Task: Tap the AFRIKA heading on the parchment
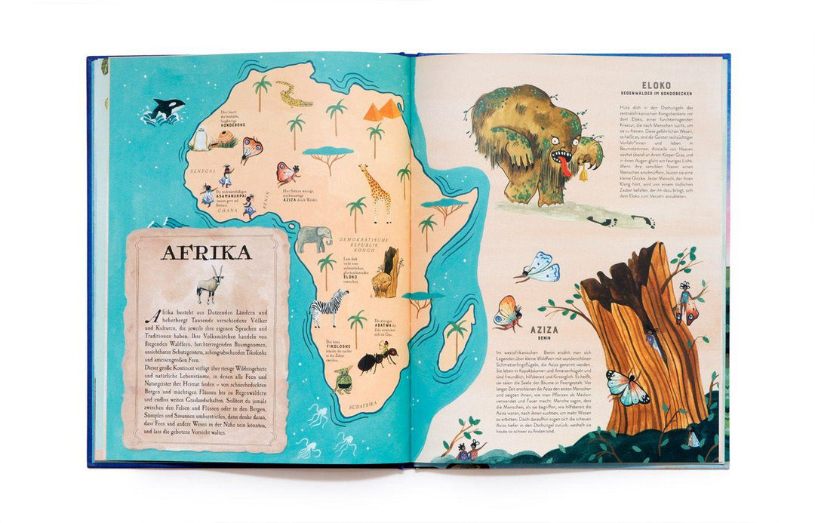(206, 252)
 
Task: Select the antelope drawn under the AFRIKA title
(210, 285)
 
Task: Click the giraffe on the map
(376, 192)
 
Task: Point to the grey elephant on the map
(314, 239)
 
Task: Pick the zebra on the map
(329, 306)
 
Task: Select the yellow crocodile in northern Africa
(294, 94)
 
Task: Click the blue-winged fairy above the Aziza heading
(539, 268)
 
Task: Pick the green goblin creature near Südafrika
(343, 380)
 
